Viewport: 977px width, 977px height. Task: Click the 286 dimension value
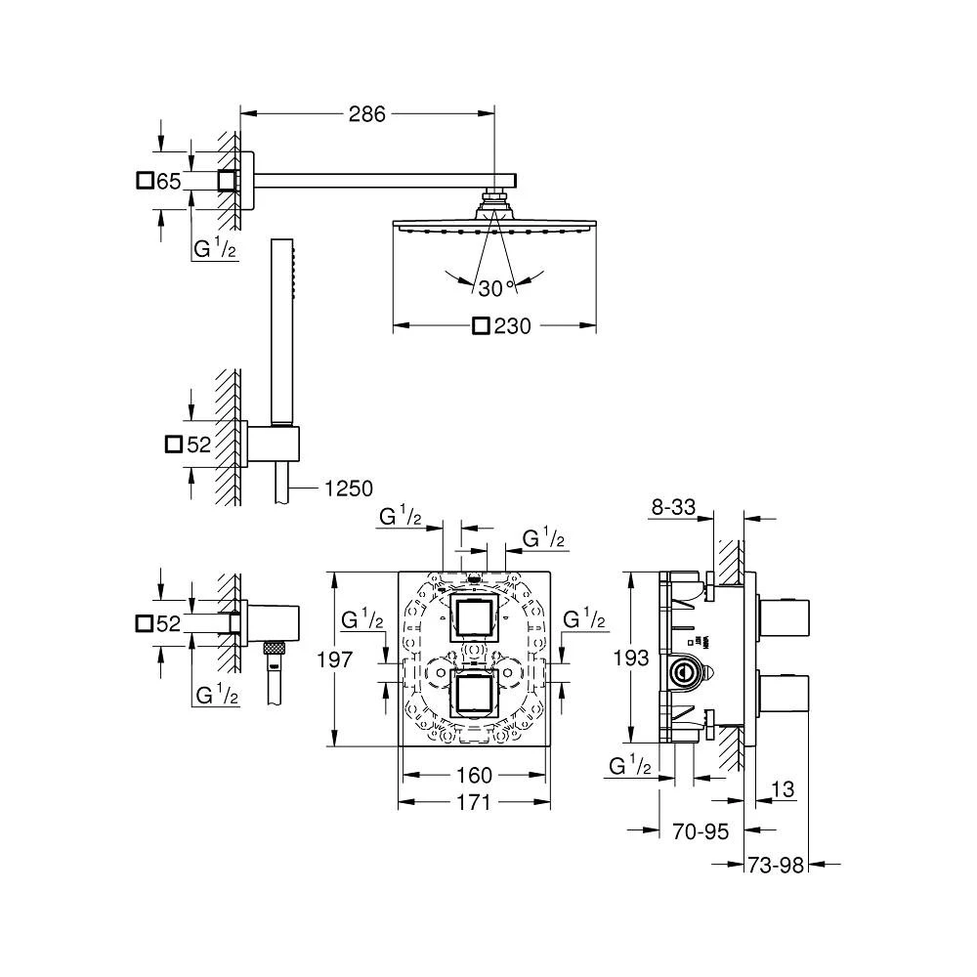tap(368, 114)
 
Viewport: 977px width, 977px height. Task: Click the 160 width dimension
tap(474, 776)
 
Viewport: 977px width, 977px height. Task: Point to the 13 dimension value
tap(783, 790)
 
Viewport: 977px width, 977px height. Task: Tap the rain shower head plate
tap(493, 227)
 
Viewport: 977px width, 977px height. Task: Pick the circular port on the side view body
tap(682, 671)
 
